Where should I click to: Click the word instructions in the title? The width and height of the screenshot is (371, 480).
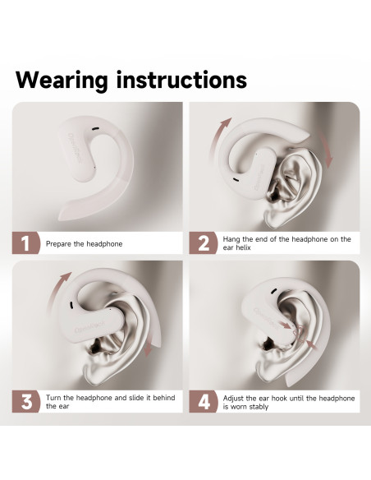point(182,80)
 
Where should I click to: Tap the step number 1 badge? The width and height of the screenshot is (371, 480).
point(26,243)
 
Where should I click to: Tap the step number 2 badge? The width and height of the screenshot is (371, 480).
point(204,243)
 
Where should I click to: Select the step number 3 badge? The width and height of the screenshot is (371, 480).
point(26,402)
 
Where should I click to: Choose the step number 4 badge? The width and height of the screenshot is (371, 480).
point(204,402)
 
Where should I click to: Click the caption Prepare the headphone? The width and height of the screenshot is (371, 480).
point(84,244)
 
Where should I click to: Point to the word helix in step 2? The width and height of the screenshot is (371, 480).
point(243,247)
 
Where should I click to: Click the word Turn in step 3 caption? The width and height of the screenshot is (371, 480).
point(53,398)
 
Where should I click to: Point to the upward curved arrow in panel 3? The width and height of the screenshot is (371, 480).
point(57,291)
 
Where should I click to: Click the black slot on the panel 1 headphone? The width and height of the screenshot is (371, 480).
point(95,129)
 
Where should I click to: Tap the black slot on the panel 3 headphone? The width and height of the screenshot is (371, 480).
point(71,305)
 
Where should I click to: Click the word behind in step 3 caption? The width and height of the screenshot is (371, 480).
point(164,398)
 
